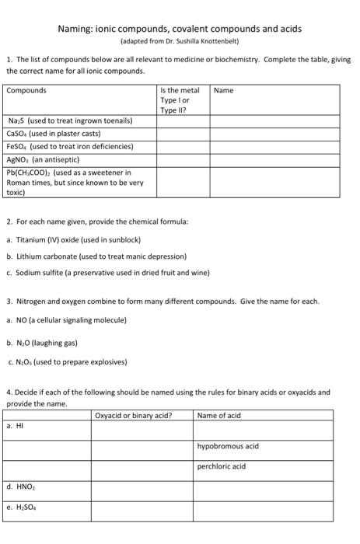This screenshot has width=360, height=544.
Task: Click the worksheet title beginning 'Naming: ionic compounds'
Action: (x=180, y=29)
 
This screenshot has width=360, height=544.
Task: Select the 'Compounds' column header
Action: (x=26, y=91)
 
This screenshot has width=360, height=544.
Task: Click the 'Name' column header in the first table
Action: (x=223, y=91)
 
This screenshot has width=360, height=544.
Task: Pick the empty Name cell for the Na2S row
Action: (x=274, y=121)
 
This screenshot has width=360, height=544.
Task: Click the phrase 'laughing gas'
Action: (x=58, y=342)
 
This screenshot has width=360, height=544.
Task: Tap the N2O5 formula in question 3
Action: (x=23, y=361)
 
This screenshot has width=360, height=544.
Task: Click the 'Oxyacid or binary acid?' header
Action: (x=133, y=416)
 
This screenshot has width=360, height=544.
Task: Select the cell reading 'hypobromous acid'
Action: (x=227, y=446)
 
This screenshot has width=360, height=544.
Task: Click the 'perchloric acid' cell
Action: (x=222, y=466)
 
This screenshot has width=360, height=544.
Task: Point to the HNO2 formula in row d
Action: (x=23, y=487)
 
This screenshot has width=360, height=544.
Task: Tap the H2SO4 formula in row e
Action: (x=23, y=507)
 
